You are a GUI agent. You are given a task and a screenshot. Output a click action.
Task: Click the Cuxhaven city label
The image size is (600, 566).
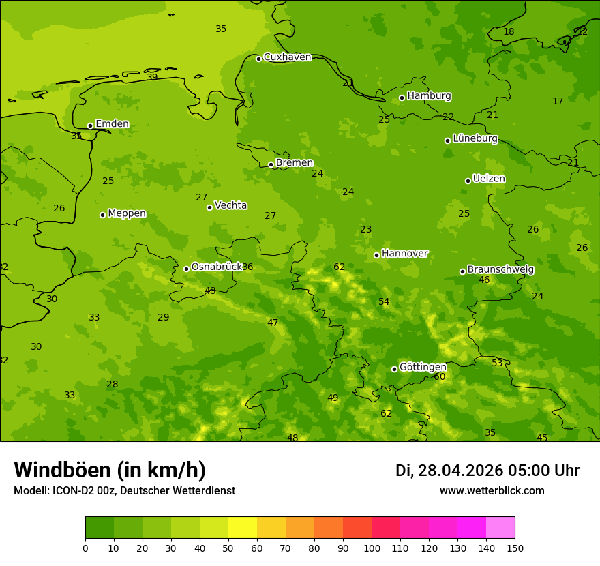pyautogui.click(x=287, y=57)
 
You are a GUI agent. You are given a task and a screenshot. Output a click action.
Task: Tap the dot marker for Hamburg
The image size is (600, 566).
pyautogui.click(x=402, y=98)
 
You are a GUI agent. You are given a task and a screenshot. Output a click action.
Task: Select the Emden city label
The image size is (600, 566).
pyautogui.click(x=112, y=124)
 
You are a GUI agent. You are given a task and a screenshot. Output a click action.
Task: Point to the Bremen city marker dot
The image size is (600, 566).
pyautogui.click(x=271, y=164)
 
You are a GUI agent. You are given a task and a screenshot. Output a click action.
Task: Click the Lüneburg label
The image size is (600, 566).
pyautogui.click(x=475, y=138)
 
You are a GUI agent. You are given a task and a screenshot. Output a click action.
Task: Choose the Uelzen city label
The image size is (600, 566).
pyautogui.click(x=489, y=179)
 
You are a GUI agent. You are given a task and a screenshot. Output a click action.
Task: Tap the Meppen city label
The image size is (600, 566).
pyautogui.click(x=127, y=213)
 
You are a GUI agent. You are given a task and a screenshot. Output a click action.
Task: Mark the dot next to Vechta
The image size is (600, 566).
pyautogui.click(x=209, y=207)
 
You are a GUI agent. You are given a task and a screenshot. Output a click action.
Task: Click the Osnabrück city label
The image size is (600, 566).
pyautogui.click(x=217, y=267)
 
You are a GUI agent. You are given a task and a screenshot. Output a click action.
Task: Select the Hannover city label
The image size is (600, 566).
pyautogui.click(x=404, y=254)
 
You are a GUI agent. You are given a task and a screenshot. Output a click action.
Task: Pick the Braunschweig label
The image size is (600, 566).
pyautogui.click(x=500, y=270)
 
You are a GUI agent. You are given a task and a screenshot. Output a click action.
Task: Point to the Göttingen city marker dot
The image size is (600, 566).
pyautogui.click(x=394, y=369)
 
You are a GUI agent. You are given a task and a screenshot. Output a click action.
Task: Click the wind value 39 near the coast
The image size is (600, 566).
pyautogui.click(x=152, y=77)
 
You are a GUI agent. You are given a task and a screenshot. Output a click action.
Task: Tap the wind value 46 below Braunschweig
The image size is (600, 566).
pyautogui.click(x=484, y=280)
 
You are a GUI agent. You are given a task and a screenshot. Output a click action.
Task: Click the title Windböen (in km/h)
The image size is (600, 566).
pyautogui.click(x=110, y=470)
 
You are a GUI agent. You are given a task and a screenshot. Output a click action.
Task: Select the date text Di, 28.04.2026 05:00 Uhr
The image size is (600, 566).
pyautogui.click(x=487, y=471)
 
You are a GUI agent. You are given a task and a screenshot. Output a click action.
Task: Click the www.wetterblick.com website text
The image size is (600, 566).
pyautogui.click(x=492, y=491)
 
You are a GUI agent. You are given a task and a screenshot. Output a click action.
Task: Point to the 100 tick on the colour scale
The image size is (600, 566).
pyautogui.click(x=372, y=548)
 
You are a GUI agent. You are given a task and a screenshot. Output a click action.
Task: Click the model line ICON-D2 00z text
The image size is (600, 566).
pyautogui.click(x=124, y=491)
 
